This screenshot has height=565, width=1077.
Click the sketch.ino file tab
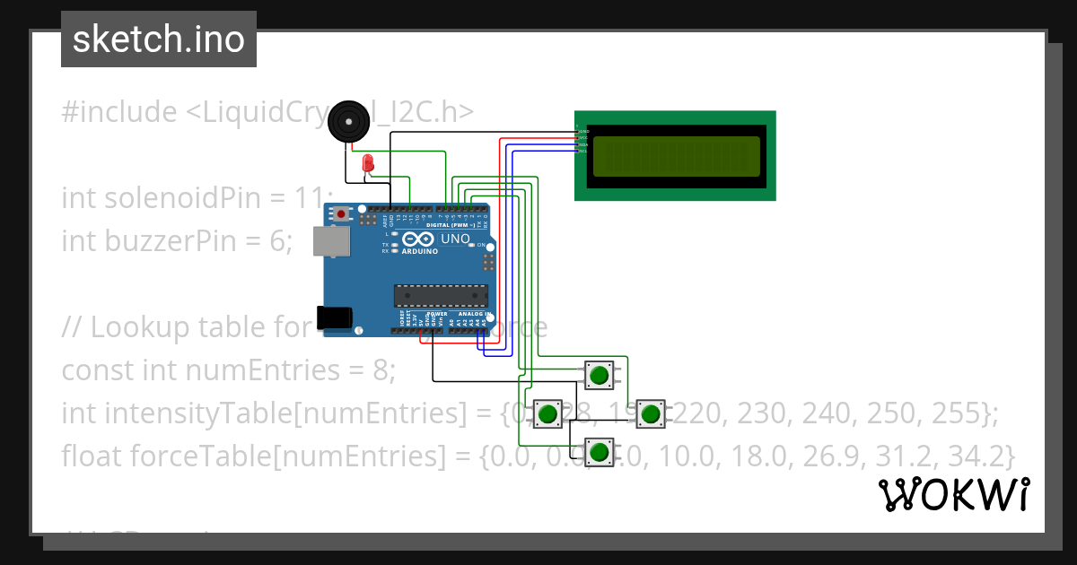click(158, 39)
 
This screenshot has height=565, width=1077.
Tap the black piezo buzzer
click(347, 122)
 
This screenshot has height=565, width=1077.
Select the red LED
click(367, 163)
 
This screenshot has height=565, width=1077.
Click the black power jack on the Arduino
click(334, 318)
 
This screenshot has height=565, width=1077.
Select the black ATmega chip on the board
click(441, 296)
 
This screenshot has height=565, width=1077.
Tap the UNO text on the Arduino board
click(450, 239)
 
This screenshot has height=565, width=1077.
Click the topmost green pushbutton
click(599, 374)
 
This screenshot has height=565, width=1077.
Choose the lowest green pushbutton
click(599, 451)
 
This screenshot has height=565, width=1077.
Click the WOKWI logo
click(953, 494)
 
